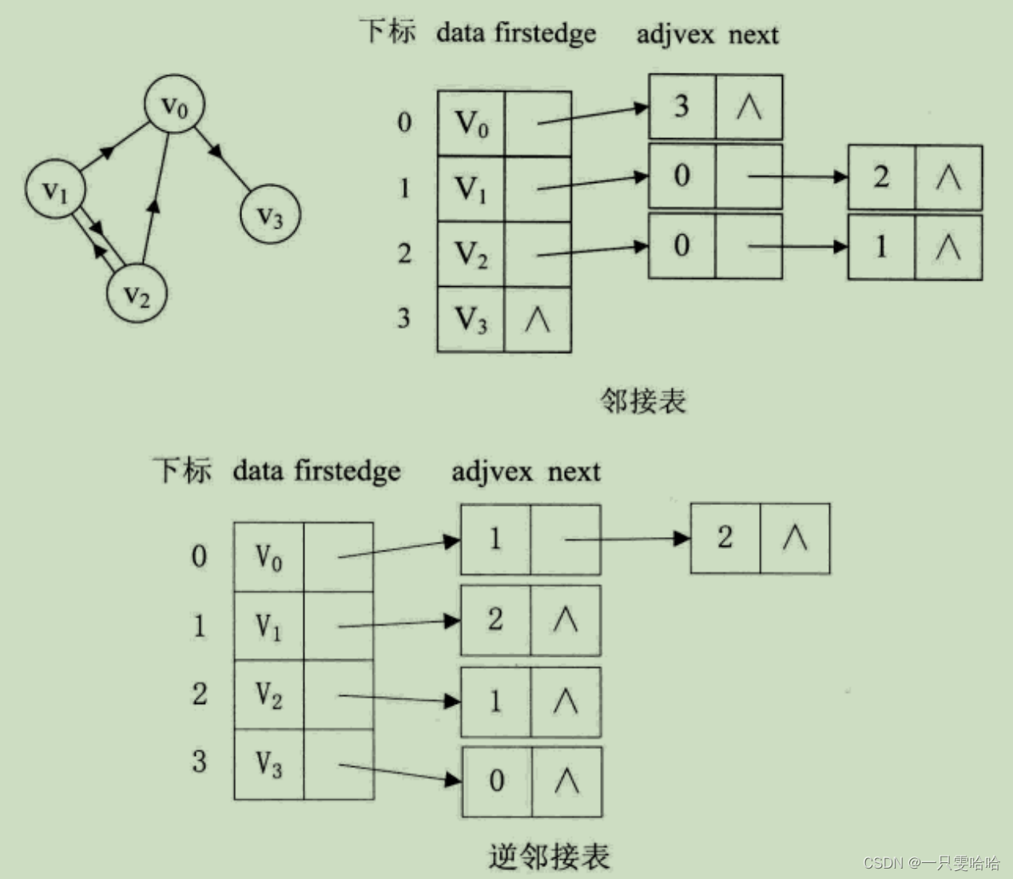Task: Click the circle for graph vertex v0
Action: pos(174,105)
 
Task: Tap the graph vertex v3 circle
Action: pos(270,215)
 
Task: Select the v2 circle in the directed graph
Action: pos(137,295)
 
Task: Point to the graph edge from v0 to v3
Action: pos(222,157)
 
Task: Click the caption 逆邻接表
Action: pos(549,856)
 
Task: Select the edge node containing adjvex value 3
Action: pos(681,106)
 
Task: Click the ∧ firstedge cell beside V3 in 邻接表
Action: pos(537,320)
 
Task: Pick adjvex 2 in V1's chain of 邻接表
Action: pos(880,177)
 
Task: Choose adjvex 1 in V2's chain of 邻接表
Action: pos(880,246)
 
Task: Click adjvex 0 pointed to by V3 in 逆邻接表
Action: pos(496,781)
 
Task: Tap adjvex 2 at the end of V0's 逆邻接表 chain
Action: pos(725,538)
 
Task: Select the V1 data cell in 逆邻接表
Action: pos(268,626)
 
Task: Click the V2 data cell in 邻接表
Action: pos(471,254)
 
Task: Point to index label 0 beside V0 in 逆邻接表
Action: pos(199,556)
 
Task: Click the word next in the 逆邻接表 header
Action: pos(574,471)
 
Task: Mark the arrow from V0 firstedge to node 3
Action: pos(592,114)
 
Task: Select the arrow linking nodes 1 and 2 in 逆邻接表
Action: pos(627,539)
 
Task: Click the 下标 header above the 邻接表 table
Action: pos(387,32)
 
